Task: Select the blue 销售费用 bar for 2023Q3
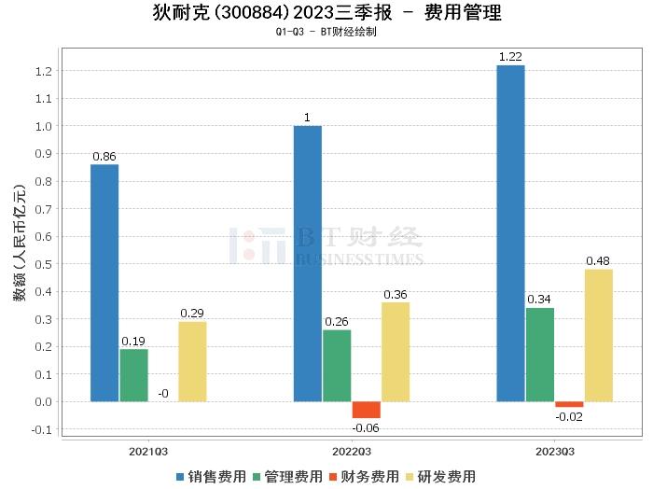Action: [x=510, y=233]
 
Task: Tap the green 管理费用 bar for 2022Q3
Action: [x=337, y=366]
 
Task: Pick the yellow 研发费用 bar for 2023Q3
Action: [x=599, y=336]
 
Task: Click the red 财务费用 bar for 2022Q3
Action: [x=367, y=410]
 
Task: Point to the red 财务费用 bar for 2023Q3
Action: [x=569, y=404]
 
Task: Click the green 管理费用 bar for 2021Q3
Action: [x=133, y=375]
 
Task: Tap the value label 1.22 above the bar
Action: [x=510, y=57]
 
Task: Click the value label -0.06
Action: [x=366, y=427]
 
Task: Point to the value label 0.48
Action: [x=599, y=260]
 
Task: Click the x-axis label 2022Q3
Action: [x=351, y=451]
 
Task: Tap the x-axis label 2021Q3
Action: [x=148, y=451]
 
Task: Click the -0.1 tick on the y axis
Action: [x=42, y=430]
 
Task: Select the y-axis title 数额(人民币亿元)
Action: [x=19, y=252]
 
